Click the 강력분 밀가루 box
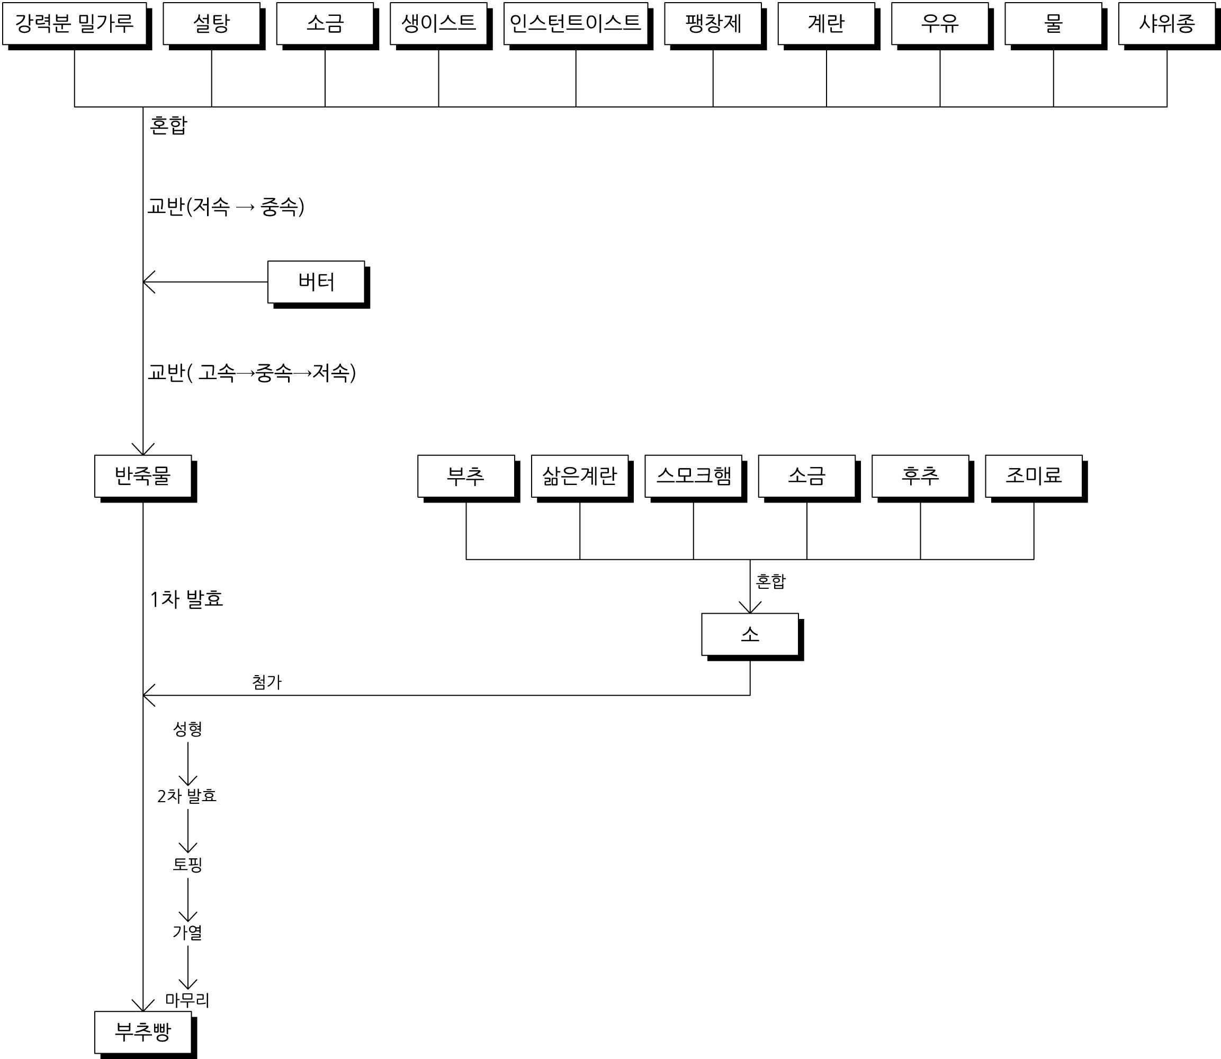(x=75, y=24)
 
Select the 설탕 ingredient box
(x=212, y=24)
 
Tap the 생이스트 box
(x=438, y=24)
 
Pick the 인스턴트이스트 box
(x=576, y=24)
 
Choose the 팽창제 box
(x=713, y=24)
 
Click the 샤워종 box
(x=1166, y=24)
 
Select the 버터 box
(x=316, y=282)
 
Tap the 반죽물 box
(x=143, y=475)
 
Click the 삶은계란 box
(x=580, y=475)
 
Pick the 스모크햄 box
(x=693, y=475)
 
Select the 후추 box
(x=920, y=475)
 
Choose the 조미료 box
(x=1034, y=475)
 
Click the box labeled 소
(x=750, y=634)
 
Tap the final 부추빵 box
(x=143, y=1032)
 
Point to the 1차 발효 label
(x=186, y=599)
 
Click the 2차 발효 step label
(x=187, y=796)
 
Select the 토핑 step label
(x=187, y=864)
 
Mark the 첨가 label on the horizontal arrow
(x=266, y=682)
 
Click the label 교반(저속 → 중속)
(x=226, y=207)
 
